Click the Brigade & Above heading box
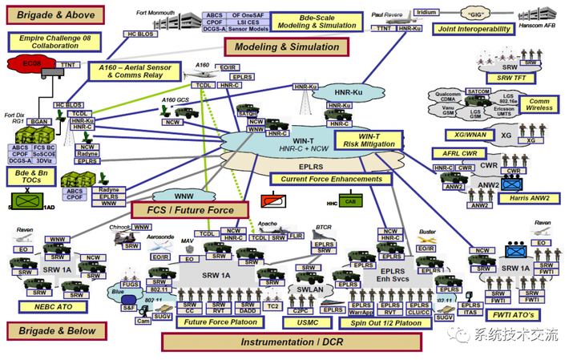click(x=55, y=14)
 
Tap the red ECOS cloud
click(x=30, y=63)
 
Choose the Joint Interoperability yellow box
click(x=474, y=30)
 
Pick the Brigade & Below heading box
click(x=54, y=330)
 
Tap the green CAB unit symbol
click(x=348, y=202)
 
